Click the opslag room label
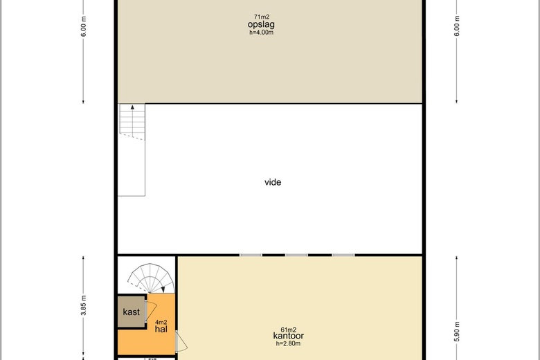tap(261, 24)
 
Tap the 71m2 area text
tap(262, 17)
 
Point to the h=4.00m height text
tap(262, 33)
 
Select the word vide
tap(273, 182)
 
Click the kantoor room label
tap(288, 336)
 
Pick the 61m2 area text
tap(289, 330)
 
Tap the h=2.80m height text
tap(288, 343)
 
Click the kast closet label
tap(132, 312)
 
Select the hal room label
tap(161, 329)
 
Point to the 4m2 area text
tap(161, 323)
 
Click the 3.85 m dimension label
tap(83, 305)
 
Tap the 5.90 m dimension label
tap(457, 332)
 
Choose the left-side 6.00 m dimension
tap(83, 26)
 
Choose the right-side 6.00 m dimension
tap(457, 26)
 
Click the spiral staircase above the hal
tap(150, 278)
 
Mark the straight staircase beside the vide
tap(132, 122)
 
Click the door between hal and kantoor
tap(181, 341)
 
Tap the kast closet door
tap(151, 310)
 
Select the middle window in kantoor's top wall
tap(296, 255)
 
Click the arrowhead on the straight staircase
tap(132, 107)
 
